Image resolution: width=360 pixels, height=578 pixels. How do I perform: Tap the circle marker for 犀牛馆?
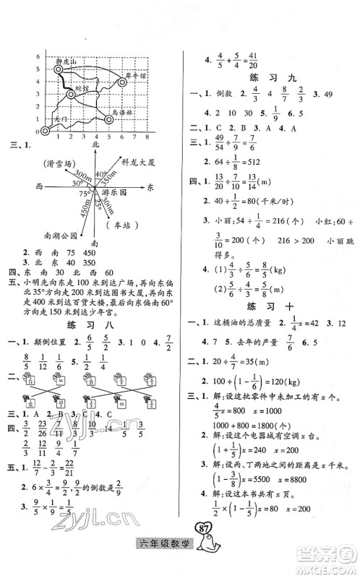122,82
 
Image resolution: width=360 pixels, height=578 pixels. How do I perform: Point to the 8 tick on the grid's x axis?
147,137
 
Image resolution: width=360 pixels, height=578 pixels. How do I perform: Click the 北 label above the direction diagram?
95,146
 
